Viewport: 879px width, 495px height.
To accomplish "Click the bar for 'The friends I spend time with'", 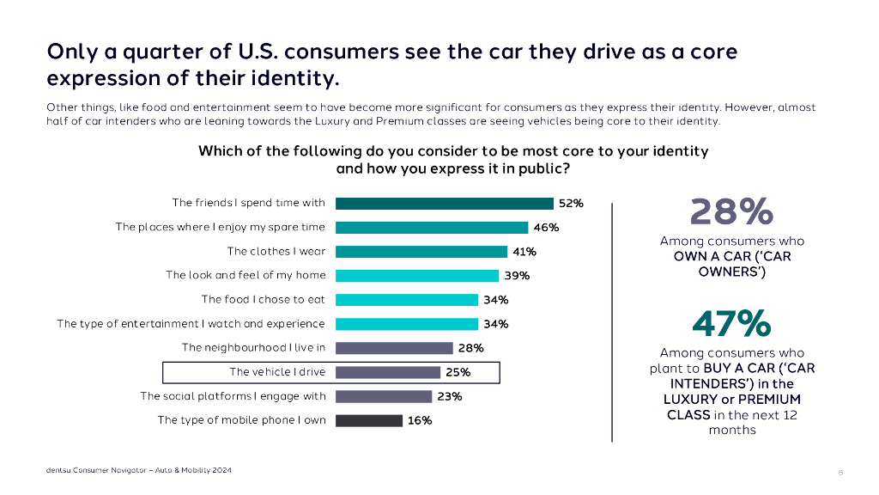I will coord(444,204).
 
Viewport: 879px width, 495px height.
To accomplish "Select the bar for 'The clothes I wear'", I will coord(421,252).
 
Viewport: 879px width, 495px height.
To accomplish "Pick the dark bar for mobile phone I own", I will coord(368,420).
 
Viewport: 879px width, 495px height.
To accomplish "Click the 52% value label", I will coord(571,204).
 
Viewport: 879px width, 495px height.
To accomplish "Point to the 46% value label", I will coord(546,228).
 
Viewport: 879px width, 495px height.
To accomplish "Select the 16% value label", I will coord(420,420).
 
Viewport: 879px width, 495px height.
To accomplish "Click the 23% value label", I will coord(450,396).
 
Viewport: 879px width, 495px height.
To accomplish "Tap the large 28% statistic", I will coord(731,211).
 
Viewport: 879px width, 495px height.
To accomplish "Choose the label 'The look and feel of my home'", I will coord(246,276).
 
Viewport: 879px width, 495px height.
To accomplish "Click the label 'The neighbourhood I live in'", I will coord(253,348).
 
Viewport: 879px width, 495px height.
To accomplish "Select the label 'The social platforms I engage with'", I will coord(233,396).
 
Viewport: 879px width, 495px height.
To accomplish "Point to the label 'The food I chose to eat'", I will coord(263,300).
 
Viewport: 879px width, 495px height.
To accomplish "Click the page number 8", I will coord(840,472).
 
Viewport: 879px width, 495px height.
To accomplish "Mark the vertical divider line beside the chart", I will coord(612,322).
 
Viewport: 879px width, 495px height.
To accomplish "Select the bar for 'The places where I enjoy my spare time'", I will coord(431,228).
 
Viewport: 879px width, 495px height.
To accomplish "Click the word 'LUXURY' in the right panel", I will coord(691,400).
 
